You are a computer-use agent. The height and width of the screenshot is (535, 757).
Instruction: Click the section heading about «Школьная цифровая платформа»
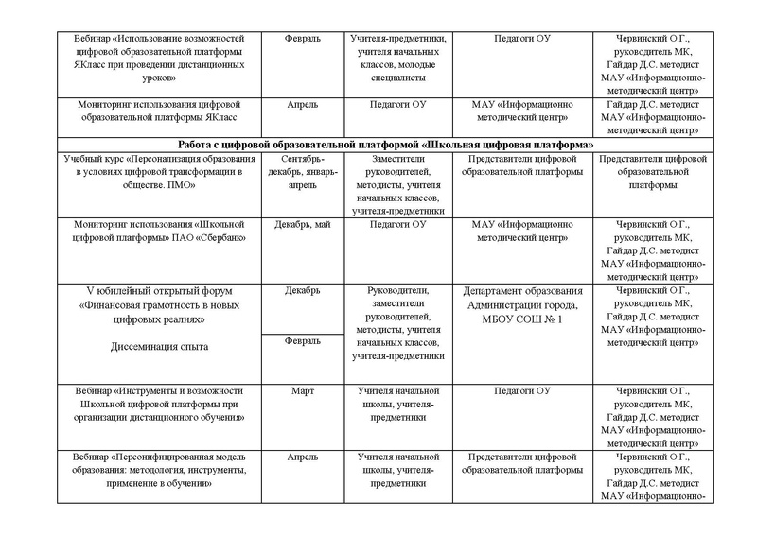pyautogui.click(x=378, y=145)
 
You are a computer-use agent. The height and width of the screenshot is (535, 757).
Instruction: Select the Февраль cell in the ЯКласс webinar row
pyautogui.click(x=303, y=39)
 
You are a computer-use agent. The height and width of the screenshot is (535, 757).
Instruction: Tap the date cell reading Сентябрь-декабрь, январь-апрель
pyautogui.click(x=303, y=172)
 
